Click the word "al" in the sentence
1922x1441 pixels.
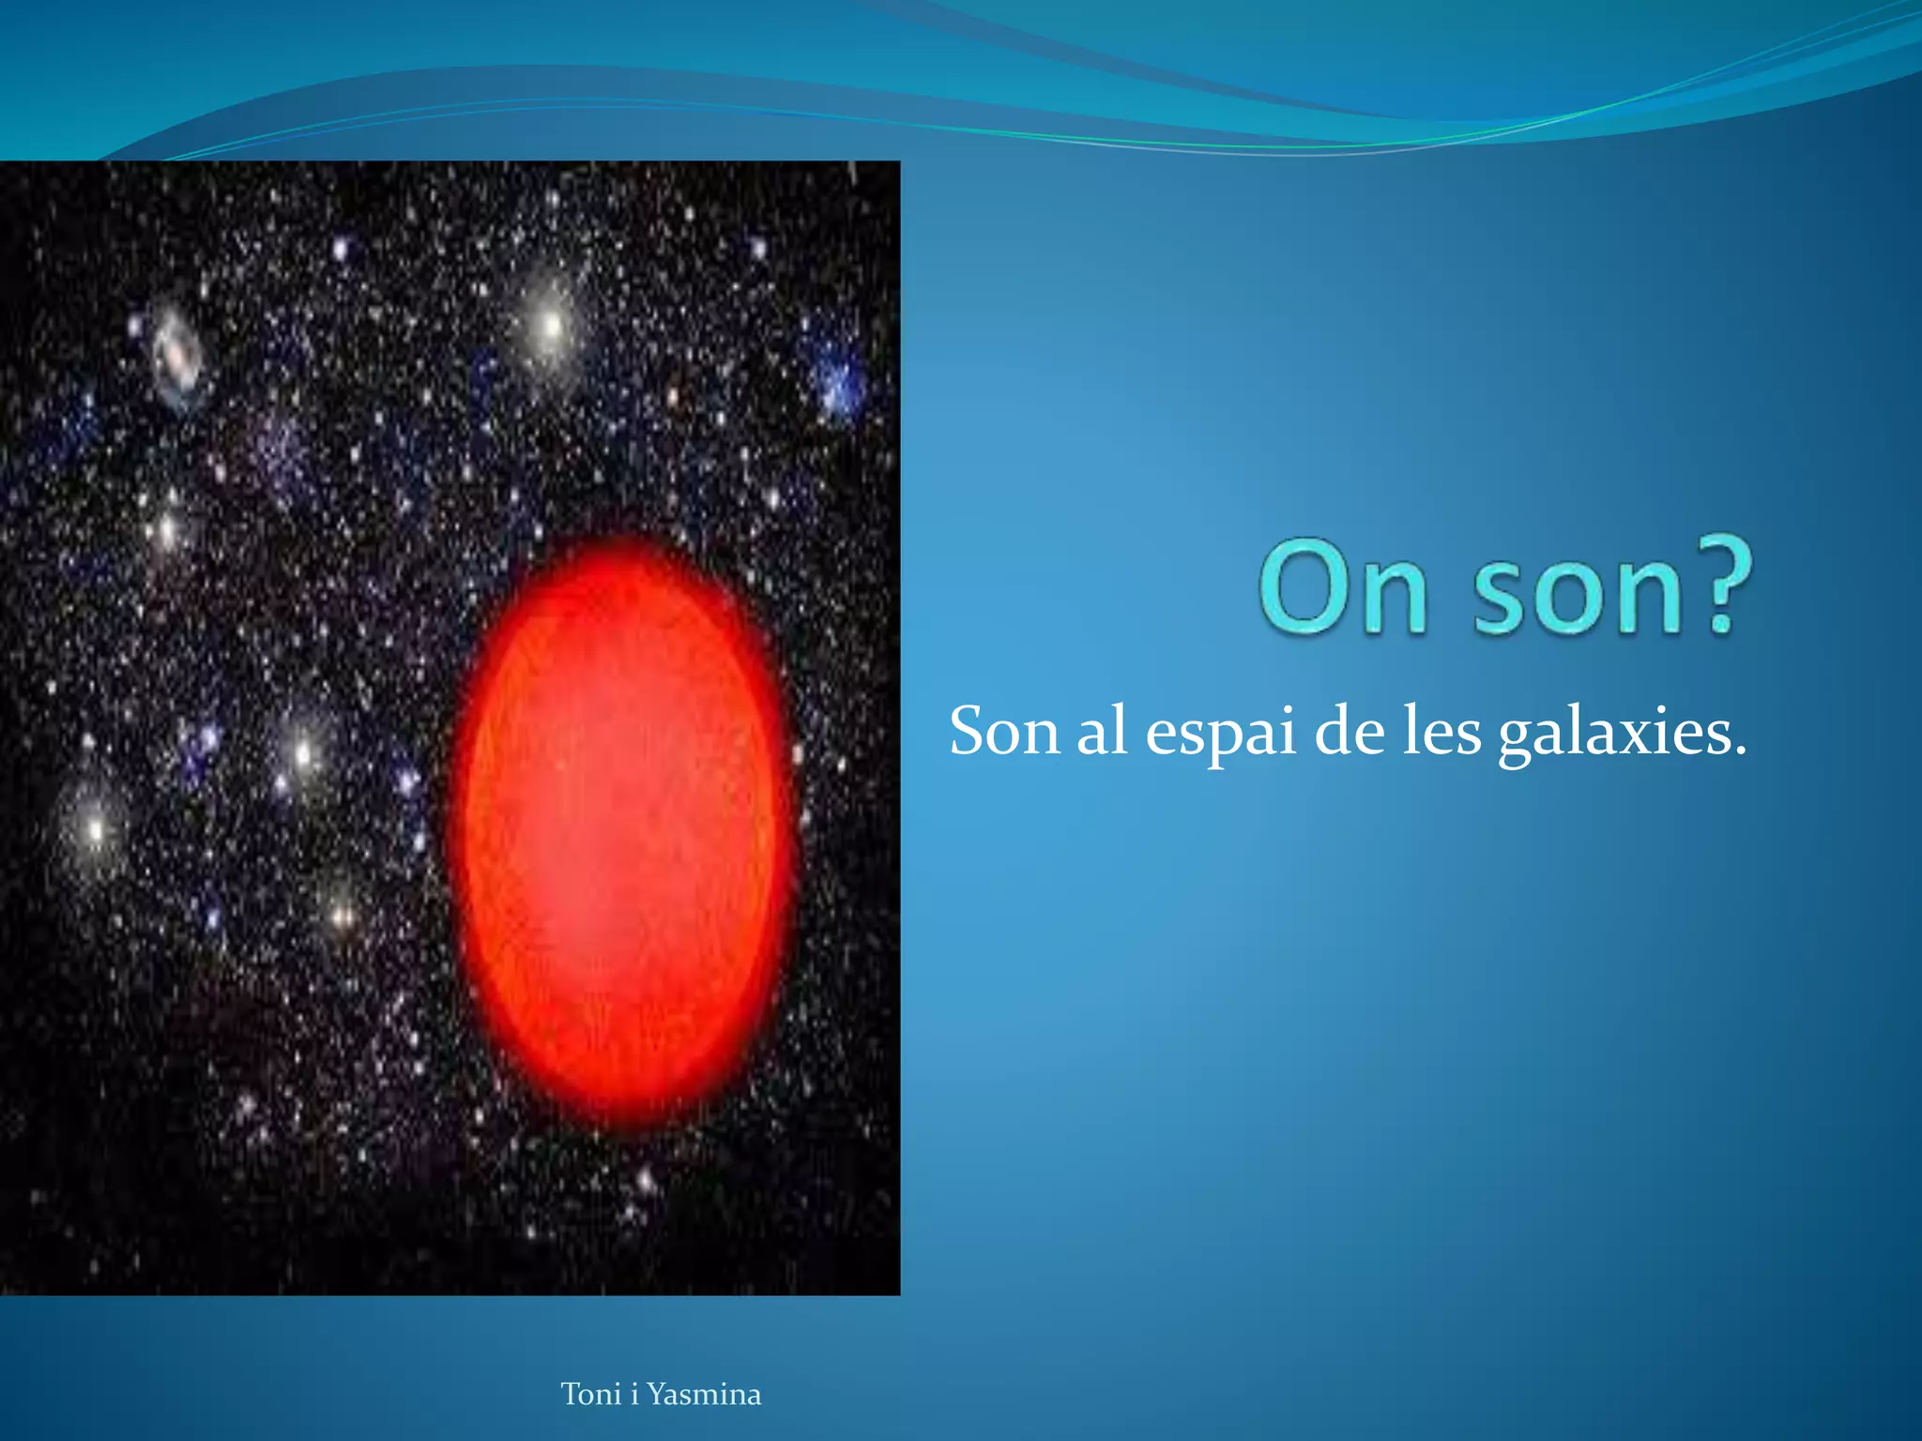pyautogui.click(x=1101, y=732)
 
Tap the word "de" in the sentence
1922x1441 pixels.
pyautogui.click(x=1349, y=732)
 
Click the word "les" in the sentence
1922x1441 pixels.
pyautogui.click(x=1440, y=732)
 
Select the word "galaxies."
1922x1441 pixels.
pyautogui.click(x=1622, y=734)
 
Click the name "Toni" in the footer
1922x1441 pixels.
pyautogui.click(x=590, y=1394)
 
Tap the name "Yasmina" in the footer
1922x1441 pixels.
pyautogui.click(x=704, y=1394)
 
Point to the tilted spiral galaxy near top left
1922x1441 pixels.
pyautogui.click(x=177, y=355)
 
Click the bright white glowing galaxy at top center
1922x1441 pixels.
pyautogui.click(x=551, y=326)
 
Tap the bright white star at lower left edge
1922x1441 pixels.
pyautogui.click(x=95, y=828)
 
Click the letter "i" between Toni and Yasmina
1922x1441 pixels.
pyautogui.click(x=634, y=1394)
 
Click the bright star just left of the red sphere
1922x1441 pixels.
pyautogui.click(x=303, y=752)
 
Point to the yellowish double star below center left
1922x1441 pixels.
pyautogui.click(x=343, y=911)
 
